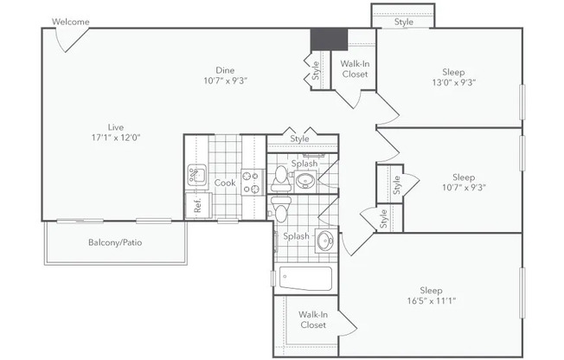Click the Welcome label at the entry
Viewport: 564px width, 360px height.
[x=71, y=22]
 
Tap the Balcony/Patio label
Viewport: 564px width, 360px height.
[x=115, y=242]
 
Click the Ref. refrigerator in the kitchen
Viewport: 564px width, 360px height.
[x=198, y=206]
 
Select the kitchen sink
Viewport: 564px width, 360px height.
[x=196, y=175]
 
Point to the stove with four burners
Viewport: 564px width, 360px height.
[x=251, y=182]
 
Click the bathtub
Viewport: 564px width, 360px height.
[x=305, y=279]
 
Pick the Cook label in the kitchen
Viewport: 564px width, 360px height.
[x=225, y=183]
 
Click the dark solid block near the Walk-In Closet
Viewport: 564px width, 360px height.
[x=329, y=39]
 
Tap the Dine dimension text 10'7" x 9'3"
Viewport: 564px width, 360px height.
[x=226, y=80]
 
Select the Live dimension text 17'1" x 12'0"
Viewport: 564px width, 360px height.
[x=116, y=137]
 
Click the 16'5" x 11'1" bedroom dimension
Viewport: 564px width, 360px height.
[x=432, y=300]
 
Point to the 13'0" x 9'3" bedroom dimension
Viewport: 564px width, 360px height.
[x=454, y=82]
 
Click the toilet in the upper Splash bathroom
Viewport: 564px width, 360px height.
[x=280, y=178]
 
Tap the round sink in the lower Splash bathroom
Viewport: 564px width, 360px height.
[x=326, y=240]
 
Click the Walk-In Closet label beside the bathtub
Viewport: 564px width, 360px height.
[x=313, y=319]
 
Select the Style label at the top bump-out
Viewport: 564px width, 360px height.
[x=404, y=22]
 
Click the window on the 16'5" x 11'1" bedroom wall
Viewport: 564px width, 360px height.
[x=522, y=292]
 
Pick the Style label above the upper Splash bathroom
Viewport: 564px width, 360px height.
[x=299, y=138]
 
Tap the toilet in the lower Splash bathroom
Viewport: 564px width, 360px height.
[x=279, y=209]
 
